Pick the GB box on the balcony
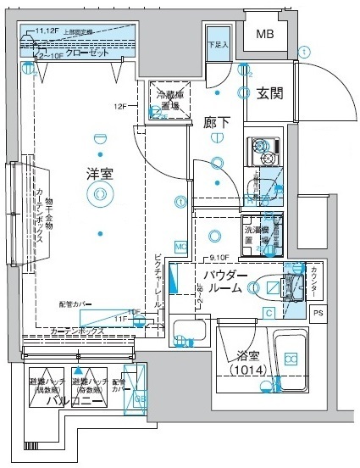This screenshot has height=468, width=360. (x=141, y=398)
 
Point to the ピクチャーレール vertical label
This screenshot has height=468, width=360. (x=158, y=281)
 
